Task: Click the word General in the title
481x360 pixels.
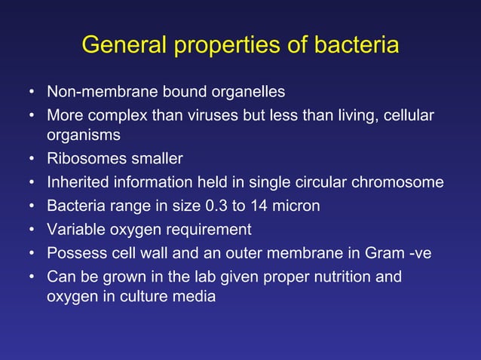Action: point(124,46)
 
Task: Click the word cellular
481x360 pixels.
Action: point(408,117)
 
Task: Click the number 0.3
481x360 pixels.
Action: point(215,206)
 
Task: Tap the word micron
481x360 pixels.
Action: point(295,206)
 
